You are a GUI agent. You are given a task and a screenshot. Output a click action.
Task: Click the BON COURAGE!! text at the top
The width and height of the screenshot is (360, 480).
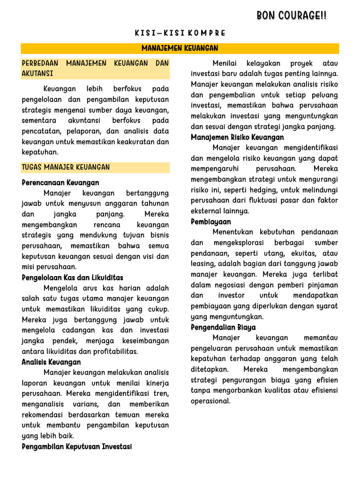tap(292, 16)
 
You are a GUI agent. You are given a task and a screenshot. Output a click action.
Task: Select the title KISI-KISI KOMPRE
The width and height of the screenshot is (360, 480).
tap(180, 33)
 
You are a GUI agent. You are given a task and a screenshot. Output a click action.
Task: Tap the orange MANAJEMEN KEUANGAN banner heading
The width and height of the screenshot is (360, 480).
tap(180, 49)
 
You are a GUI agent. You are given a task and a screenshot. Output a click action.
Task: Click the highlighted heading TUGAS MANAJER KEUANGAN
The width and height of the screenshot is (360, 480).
tap(66, 167)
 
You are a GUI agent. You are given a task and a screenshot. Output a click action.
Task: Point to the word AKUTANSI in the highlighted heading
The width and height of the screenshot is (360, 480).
tap(37, 74)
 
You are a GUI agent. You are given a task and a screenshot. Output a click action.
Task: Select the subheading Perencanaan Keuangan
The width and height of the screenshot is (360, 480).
tap(60, 182)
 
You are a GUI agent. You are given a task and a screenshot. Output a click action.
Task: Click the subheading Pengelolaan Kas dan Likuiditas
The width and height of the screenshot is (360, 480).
tap(73, 277)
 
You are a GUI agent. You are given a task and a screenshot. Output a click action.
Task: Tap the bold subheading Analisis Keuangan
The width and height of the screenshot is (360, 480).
tap(51, 362)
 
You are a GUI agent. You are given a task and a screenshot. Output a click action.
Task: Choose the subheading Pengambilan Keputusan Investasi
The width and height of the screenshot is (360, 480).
tap(77, 447)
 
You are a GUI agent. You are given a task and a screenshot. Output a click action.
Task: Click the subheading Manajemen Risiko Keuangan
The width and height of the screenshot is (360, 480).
tap(237, 137)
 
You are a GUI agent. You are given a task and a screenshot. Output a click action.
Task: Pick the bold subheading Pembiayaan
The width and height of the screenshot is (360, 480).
tap(211, 222)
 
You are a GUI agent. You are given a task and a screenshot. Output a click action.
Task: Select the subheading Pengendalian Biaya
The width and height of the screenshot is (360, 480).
tap(223, 327)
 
